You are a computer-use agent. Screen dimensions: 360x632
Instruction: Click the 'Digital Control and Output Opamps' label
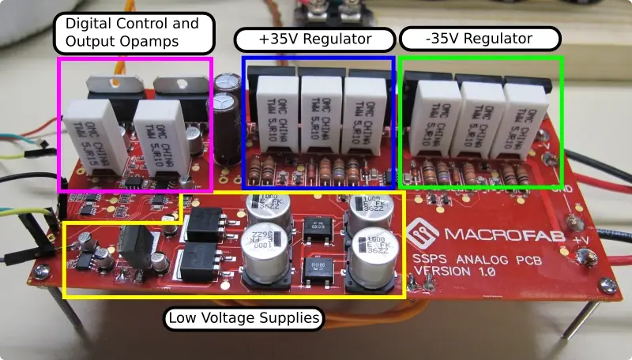[x=133, y=32]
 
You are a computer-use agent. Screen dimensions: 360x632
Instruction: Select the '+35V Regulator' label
[x=316, y=39]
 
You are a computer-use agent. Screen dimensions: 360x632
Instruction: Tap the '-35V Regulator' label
[x=480, y=39]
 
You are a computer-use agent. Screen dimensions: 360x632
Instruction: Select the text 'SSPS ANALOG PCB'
[x=472, y=260]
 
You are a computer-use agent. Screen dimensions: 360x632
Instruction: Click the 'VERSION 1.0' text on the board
[x=457, y=274]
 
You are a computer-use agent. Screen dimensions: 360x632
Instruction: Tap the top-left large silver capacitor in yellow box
[x=267, y=208]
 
